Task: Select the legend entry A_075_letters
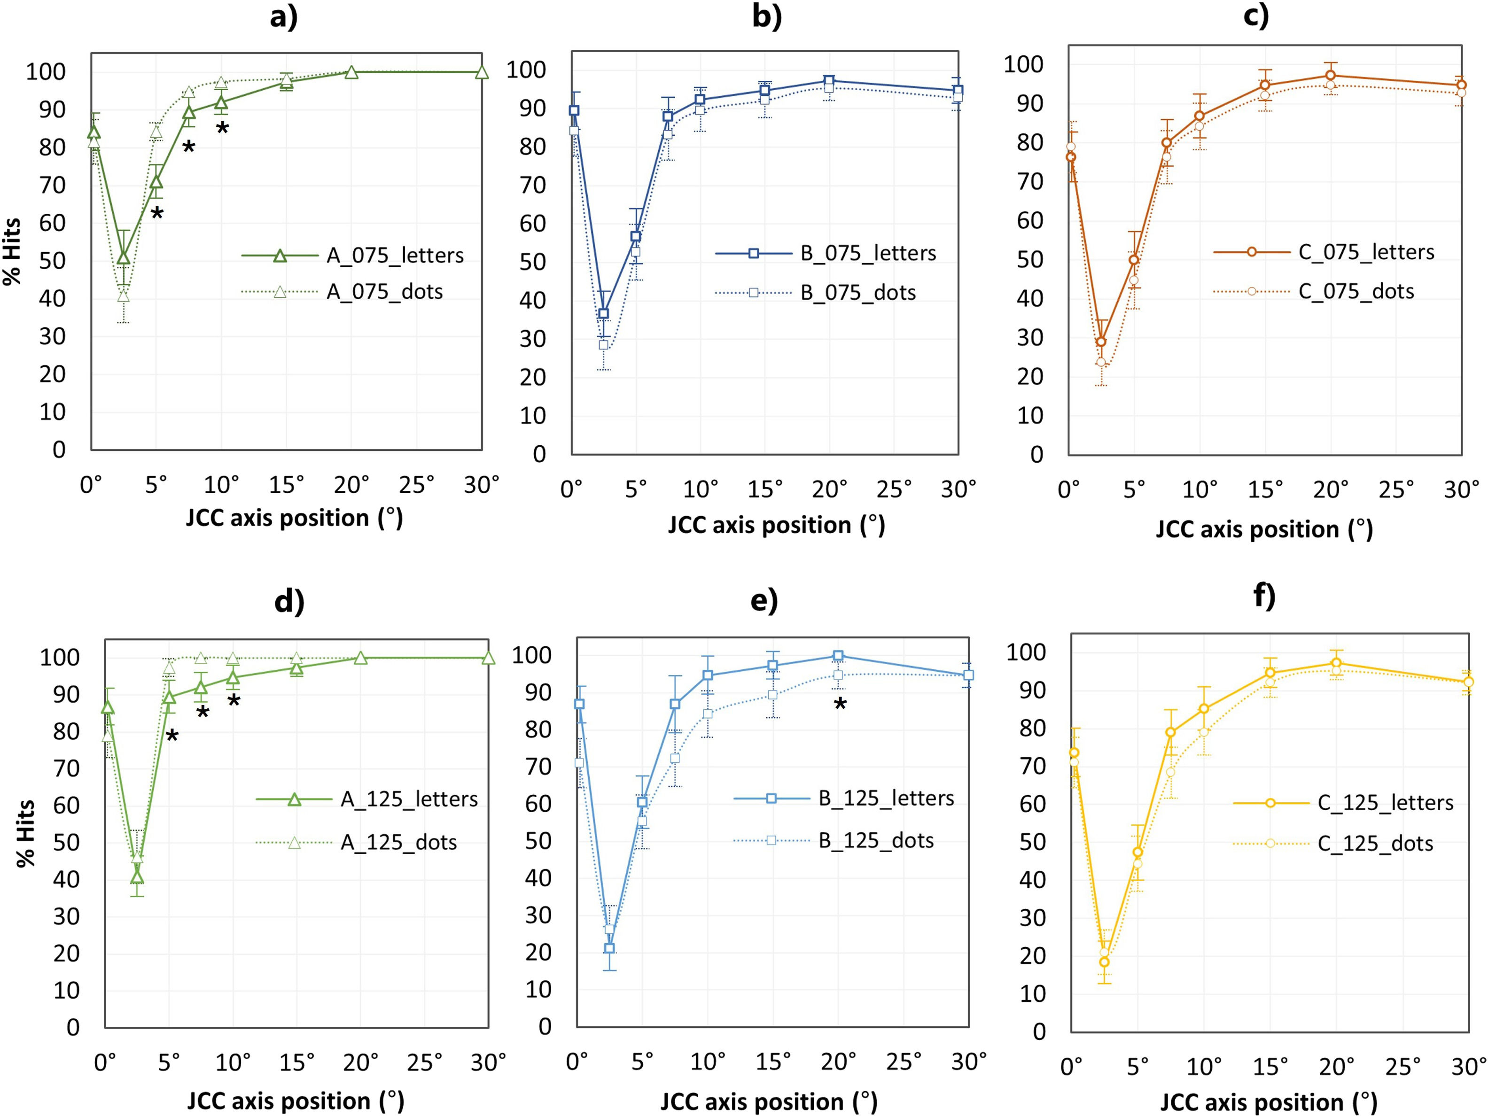(x=395, y=256)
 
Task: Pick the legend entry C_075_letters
(x=1365, y=252)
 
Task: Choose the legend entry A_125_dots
(x=398, y=843)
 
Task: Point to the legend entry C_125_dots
(x=1375, y=843)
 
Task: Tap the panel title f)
(x=1264, y=597)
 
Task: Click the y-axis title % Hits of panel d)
(x=25, y=832)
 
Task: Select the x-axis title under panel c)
(x=1264, y=529)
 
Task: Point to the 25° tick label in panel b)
(x=894, y=489)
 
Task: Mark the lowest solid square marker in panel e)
(x=609, y=948)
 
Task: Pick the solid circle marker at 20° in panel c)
(x=1330, y=75)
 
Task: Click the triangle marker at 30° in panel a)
(x=482, y=72)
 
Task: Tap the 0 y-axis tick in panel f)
(x=1039, y=1031)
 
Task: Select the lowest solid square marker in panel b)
(x=603, y=313)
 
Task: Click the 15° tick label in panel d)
(x=296, y=1062)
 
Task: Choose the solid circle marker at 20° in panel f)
(x=1336, y=663)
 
